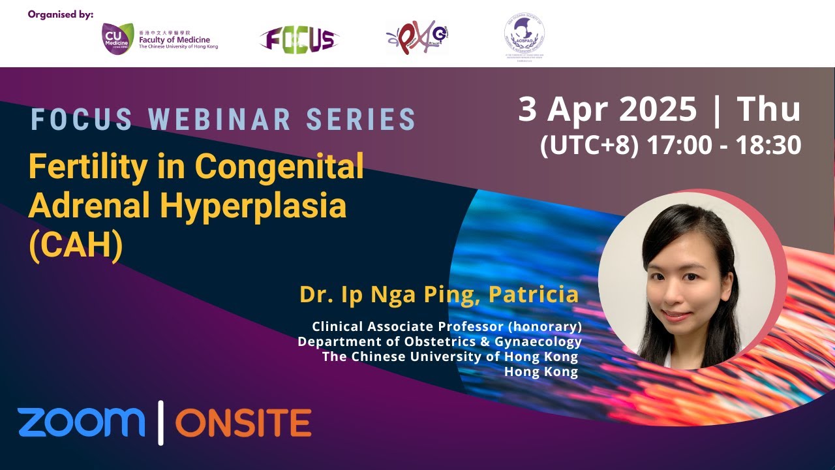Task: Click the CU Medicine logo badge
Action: [x=118, y=39]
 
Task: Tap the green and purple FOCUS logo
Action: [x=299, y=39]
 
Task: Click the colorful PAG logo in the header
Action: [x=417, y=37]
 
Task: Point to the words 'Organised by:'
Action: [x=61, y=14]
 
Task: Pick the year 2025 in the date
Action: [x=658, y=110]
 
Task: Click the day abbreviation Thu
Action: [x=768, y=110]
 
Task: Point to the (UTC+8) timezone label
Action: [x=589, y=146]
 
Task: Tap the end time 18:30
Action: [x=768, y=146]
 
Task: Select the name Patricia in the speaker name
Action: [x=533, y=294]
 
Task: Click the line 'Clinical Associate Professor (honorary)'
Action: [x=446, y=326]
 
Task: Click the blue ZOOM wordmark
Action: [x=82, y=422]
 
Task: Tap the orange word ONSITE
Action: [x=243, y=423]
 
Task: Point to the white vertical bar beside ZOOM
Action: [x=160, y=423]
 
